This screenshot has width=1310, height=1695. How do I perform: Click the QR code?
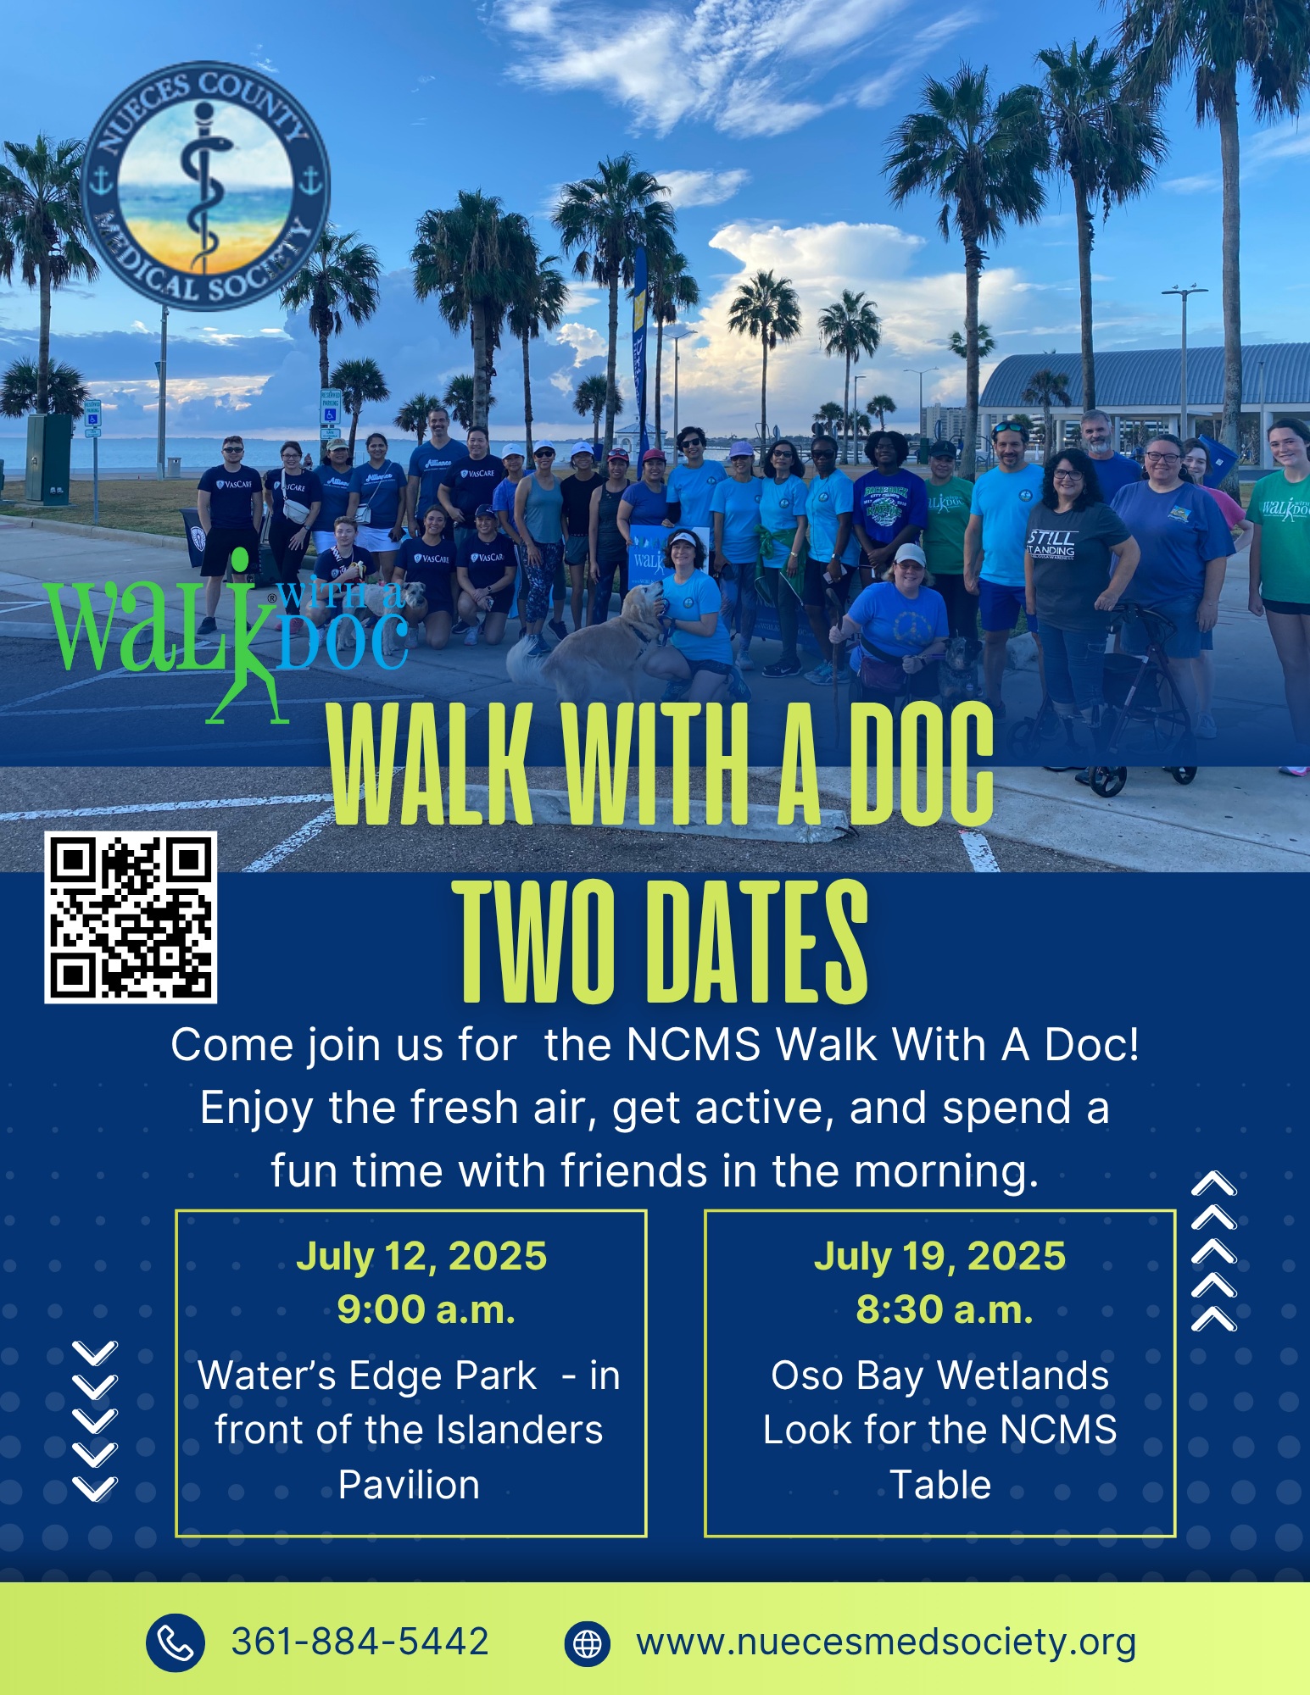click(131, 917)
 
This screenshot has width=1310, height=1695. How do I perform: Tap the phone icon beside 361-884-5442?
click(175, 1642)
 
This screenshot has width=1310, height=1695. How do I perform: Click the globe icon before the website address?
click(587, 1643)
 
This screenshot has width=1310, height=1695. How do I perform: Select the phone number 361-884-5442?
click(360, 1642)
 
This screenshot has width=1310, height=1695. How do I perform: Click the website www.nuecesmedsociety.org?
click(886, 1642)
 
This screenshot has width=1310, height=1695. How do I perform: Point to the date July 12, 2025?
click(421, 1256)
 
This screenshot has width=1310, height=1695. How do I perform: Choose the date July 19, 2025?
click(939, 1256)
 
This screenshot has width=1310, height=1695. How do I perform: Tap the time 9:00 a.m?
click(426, 1309)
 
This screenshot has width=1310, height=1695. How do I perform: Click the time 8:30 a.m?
click(945, 1309)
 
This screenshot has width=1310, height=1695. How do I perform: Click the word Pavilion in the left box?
click(409, 1485)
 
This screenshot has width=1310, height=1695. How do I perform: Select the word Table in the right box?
click(940, 1485)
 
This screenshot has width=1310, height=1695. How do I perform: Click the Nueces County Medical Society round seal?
click(205, 186)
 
